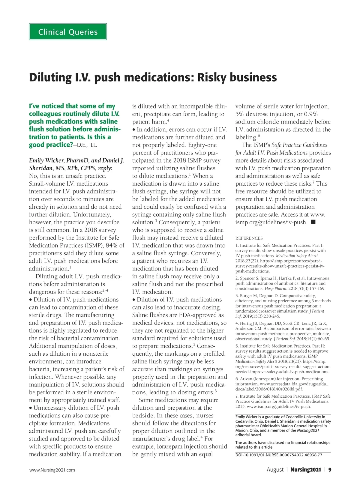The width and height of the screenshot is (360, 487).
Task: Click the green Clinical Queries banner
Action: pos(68,32)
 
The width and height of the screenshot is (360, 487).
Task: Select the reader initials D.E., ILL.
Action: pos(87,145)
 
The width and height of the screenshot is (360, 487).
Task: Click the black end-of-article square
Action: pos(313,222)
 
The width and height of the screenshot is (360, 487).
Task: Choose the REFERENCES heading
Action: pos(249,238)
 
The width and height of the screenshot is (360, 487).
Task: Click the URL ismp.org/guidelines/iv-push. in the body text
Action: pos(271,223)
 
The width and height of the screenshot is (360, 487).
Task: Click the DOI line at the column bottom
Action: pos(279,455)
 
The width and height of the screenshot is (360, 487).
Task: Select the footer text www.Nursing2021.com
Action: pos(52,470)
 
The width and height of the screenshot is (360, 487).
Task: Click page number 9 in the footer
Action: pos(330,470)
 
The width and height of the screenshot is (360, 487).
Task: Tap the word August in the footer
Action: pos(275,470)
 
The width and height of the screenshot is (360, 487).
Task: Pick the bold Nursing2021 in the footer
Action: pos(305,470)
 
